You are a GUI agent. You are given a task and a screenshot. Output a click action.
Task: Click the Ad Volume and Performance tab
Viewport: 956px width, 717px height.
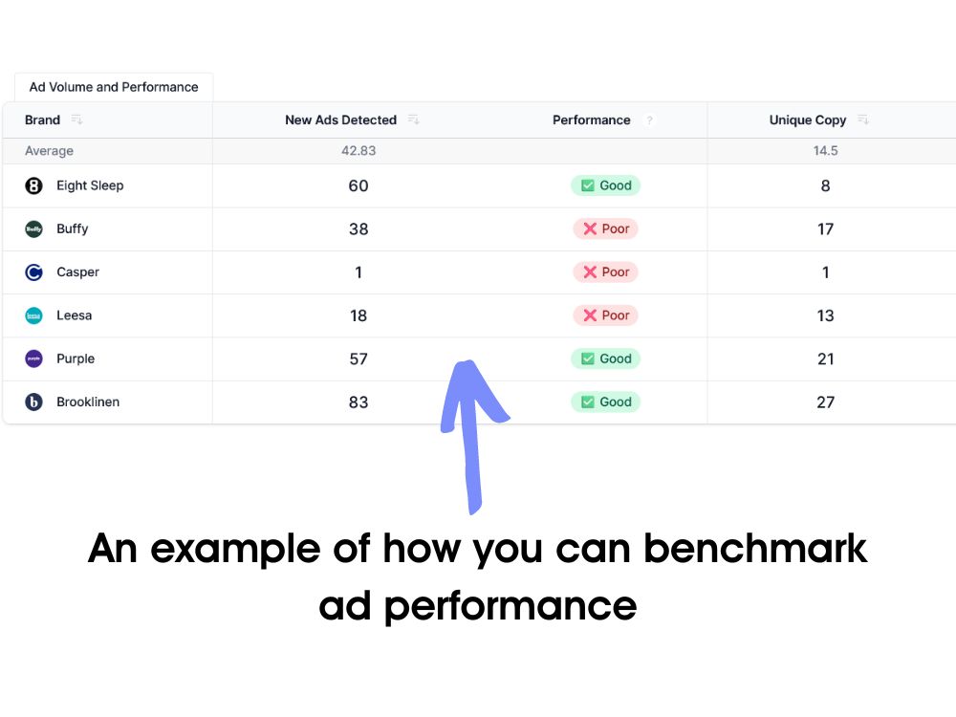(x=113, y=87)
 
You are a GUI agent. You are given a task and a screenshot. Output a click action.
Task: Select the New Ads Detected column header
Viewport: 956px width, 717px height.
(x=340, y=120)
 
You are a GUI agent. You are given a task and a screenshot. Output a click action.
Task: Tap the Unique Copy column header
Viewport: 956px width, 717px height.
(x=807, y=120)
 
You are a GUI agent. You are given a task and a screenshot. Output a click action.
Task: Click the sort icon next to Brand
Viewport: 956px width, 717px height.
(x=77, y=120)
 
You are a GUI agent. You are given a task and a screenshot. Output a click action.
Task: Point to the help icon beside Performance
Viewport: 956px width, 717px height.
(x=650, y=120)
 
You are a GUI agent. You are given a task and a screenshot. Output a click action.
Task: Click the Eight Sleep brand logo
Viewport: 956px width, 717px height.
(x=33, y=185)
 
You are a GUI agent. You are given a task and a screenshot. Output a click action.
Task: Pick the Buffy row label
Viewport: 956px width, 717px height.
(x=72, y=229)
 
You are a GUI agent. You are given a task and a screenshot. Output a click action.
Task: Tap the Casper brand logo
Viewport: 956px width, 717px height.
(x=33, y=272)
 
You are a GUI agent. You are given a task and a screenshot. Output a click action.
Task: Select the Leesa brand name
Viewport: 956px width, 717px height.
(x=74, y=315)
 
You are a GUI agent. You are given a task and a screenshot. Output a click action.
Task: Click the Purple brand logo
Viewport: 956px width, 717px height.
(x=33, y=358)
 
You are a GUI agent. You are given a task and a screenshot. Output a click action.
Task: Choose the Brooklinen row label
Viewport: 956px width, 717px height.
(x=87, y=402)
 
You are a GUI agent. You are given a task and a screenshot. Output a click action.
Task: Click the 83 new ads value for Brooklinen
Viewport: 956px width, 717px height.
(x=358, y=402)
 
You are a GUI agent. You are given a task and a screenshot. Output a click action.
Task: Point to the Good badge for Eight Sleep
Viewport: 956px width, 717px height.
(x=605, y=185)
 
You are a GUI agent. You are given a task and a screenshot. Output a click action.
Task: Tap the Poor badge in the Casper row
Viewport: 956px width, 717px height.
(x=605, y=272)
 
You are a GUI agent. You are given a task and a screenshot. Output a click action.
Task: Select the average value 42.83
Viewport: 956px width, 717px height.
(x=358, y=151)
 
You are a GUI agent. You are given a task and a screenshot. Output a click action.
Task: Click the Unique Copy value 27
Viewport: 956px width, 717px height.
(x=825, y=402)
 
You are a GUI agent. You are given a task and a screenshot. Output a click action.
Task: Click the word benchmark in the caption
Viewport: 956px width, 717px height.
(x=754, y=550)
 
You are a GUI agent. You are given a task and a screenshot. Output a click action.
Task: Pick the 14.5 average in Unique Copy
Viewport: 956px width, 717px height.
(x=825, y=151)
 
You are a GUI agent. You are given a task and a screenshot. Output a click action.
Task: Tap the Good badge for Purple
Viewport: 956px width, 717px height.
(x=605, y=358)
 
